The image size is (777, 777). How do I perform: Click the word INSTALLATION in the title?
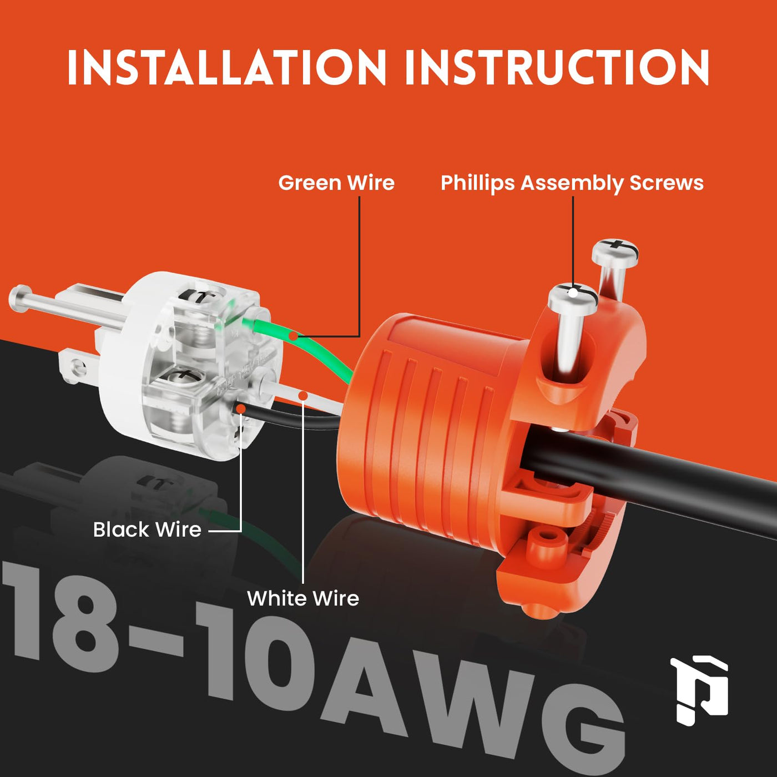pyautogui.click(x=226, y=67)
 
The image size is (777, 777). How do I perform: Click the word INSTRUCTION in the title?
pyautogui.click(x=557, y=67)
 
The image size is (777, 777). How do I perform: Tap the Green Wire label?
pyautogui.click(x=336, y=183)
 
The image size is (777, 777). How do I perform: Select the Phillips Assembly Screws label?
pyautogui.click(x=572, y=183)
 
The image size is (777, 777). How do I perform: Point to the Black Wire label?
pyautogui.click(x=147, y=529)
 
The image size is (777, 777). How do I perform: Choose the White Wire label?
pyautogui.click(x=303, y=598)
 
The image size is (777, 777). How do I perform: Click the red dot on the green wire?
pyautogui.click(x=294, y=336)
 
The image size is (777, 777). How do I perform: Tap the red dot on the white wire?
pyautogui.click(x=302, y=396)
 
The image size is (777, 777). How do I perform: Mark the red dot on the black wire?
pyautogui.click(x=241, y=408)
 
